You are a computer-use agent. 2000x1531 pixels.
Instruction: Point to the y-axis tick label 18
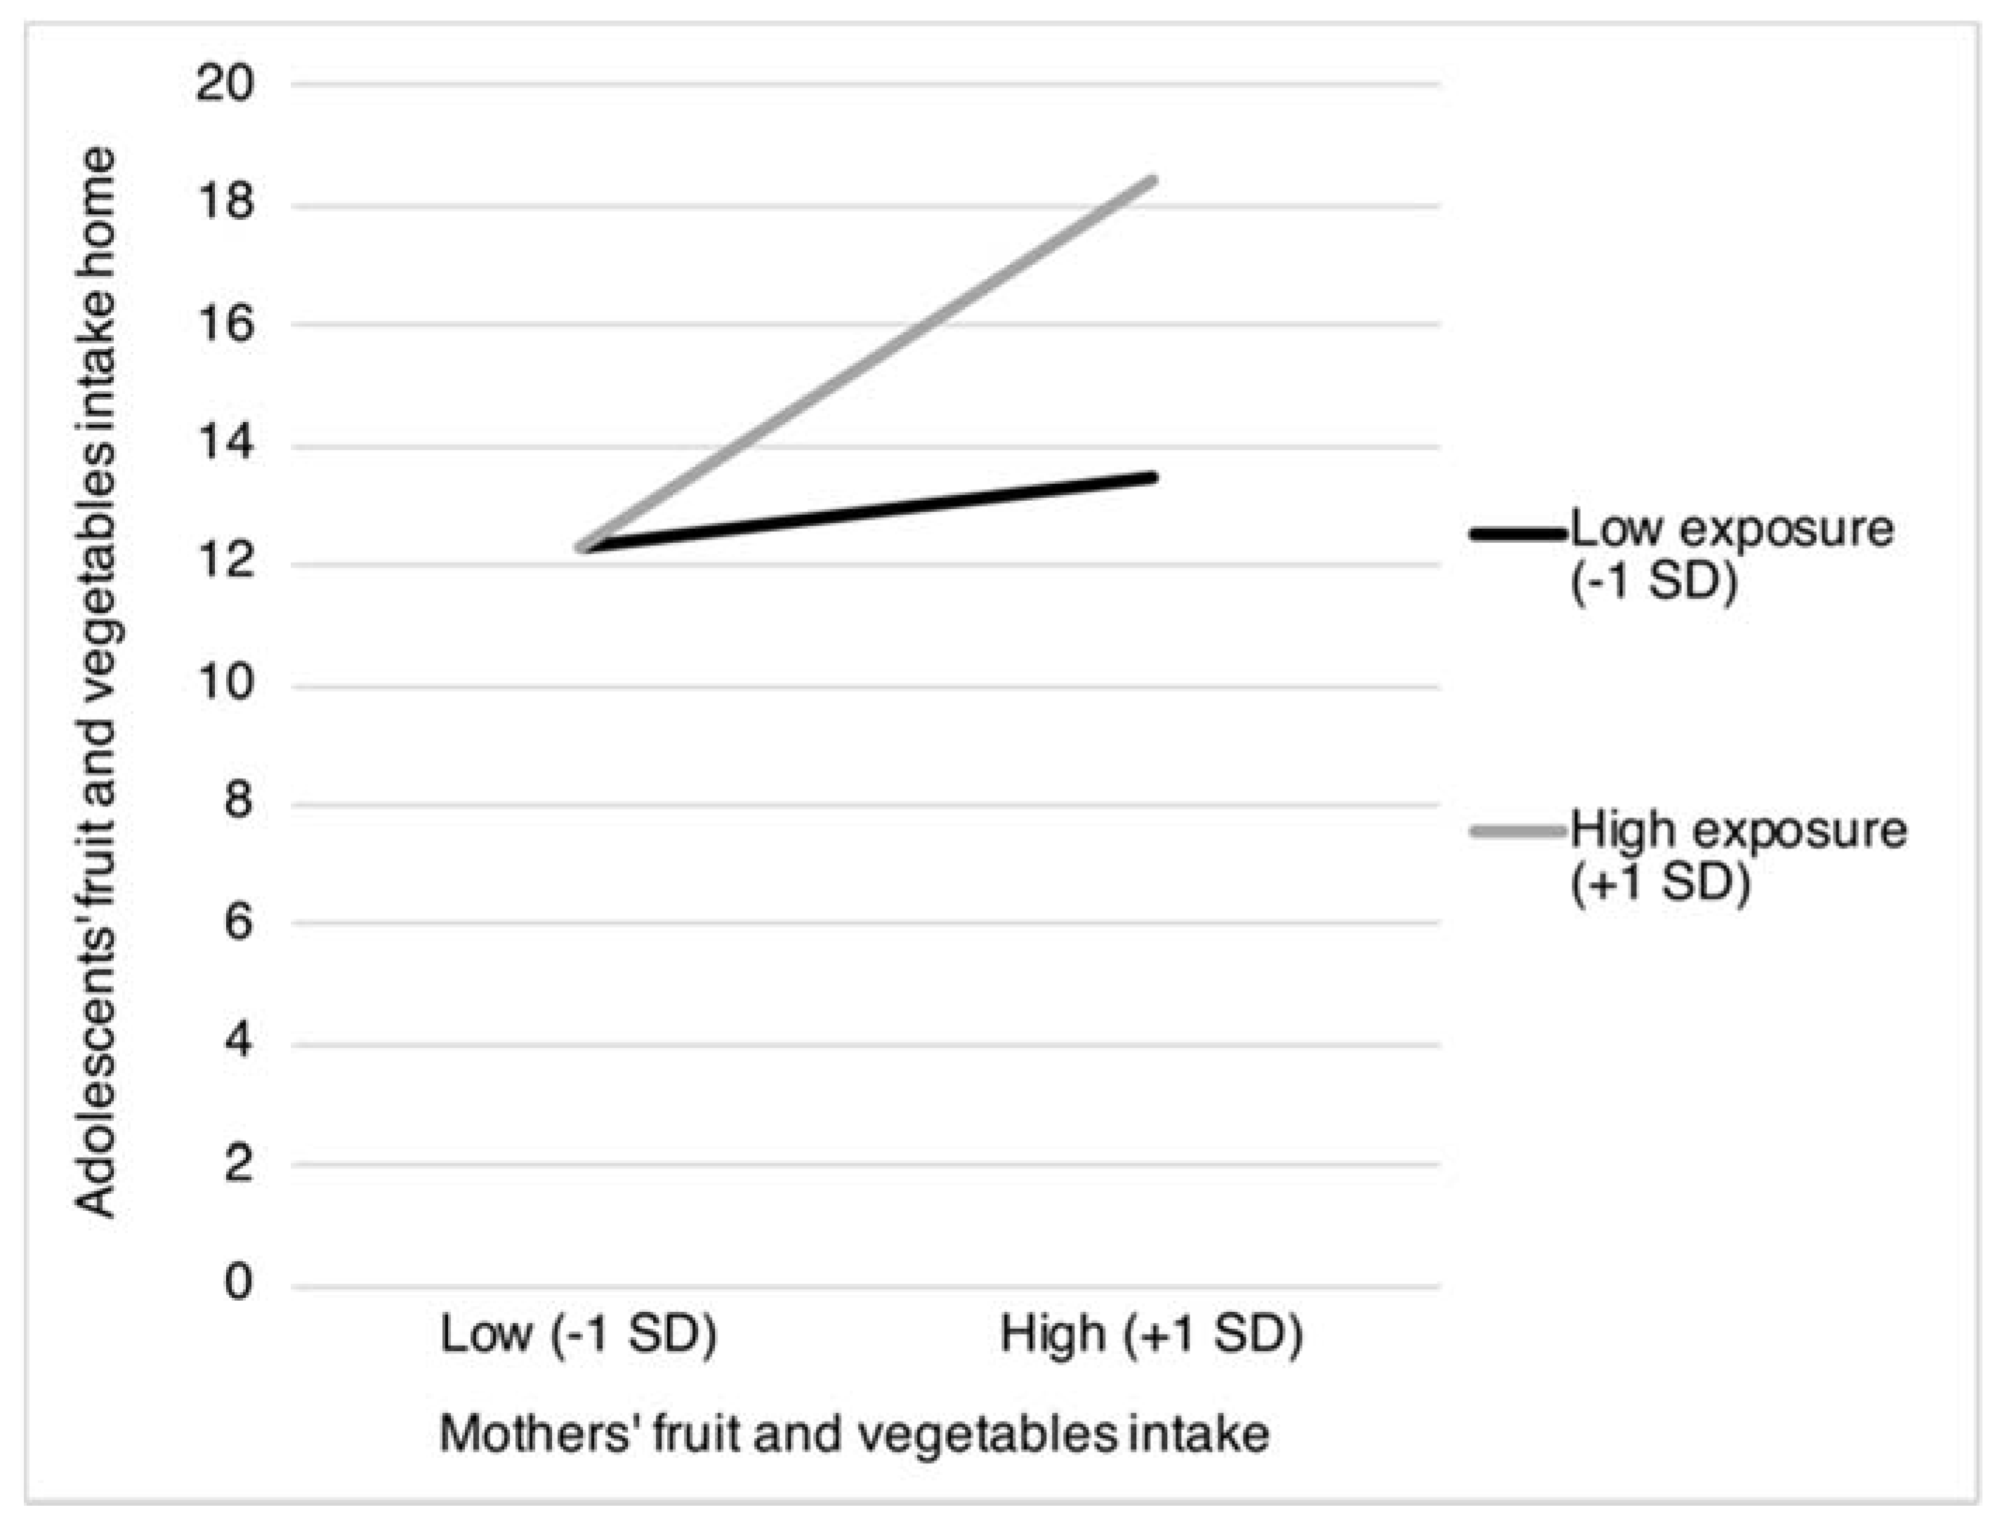click(224, 202)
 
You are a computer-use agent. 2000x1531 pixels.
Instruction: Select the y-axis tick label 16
click(224, 324)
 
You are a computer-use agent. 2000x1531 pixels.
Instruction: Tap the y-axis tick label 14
click(224, 445)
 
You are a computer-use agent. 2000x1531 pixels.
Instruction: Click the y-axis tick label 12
click(224, 563)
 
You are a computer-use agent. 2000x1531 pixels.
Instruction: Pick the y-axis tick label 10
click(224, 683)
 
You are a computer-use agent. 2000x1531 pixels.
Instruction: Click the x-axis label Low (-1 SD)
click(579, 1336)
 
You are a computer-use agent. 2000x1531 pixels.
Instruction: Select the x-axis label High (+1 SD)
click(1152, 1336)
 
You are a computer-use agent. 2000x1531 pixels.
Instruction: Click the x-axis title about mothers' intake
click(854, 1434)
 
